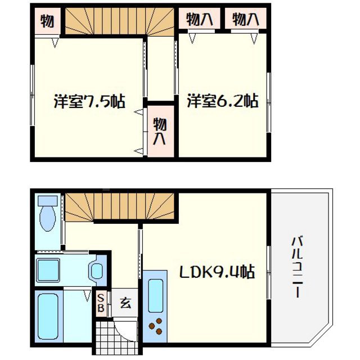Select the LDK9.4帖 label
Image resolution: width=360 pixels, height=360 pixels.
(x=217, y=273)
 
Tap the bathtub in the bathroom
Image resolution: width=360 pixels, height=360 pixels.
(x=50, y=316)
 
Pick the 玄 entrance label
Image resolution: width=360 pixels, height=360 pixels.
(x=125, y=304)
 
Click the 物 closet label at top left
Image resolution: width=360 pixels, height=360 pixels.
(x=47, y=21)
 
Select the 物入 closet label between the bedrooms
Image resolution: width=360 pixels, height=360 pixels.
(x=160, y=131)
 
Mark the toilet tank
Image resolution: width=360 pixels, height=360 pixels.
(x=48, y=201)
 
